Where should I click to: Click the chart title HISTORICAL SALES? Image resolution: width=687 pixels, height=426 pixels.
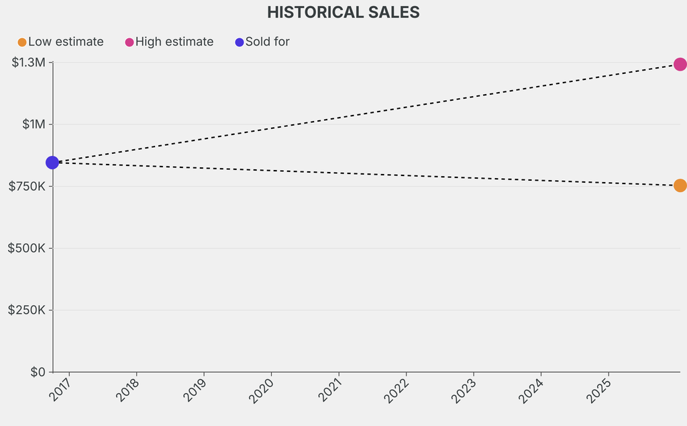pos(343,12)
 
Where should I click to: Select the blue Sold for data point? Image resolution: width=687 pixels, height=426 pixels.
pos(52,163)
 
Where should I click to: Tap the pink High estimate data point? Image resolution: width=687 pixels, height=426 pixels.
pos(680,65)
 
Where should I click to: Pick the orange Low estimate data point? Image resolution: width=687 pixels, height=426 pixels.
pos(680,185)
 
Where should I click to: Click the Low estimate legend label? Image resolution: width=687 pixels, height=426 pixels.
pos(66,42)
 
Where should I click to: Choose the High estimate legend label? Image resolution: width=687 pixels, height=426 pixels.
pos(174,42)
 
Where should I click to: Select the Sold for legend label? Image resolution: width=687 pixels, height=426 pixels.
pos(267,42)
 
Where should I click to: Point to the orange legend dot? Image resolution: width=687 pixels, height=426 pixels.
pos(22,42)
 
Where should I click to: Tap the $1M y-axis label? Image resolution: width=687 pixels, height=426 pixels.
pos(34,124)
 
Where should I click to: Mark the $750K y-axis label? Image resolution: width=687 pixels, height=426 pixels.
pos(27,186)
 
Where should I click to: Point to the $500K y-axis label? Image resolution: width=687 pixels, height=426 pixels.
pos(27,248)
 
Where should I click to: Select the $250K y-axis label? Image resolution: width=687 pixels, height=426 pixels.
pos(27,310)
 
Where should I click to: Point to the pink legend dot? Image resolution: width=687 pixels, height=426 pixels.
pos(129,42)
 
